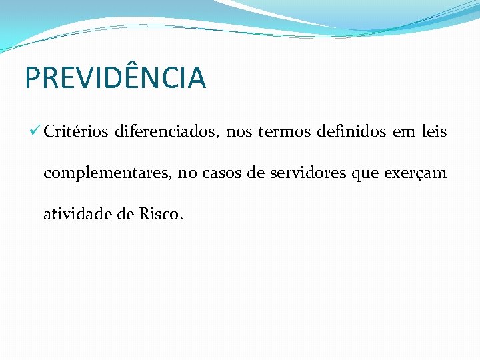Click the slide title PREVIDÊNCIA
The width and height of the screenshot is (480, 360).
[115, 77]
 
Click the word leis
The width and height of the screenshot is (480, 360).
[435, 132]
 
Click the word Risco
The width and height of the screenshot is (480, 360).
[160, 215]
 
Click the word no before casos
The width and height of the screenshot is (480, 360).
[187, 174]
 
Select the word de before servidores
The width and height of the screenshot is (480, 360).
[256, 174]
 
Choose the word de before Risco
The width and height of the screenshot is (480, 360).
[123, 215]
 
